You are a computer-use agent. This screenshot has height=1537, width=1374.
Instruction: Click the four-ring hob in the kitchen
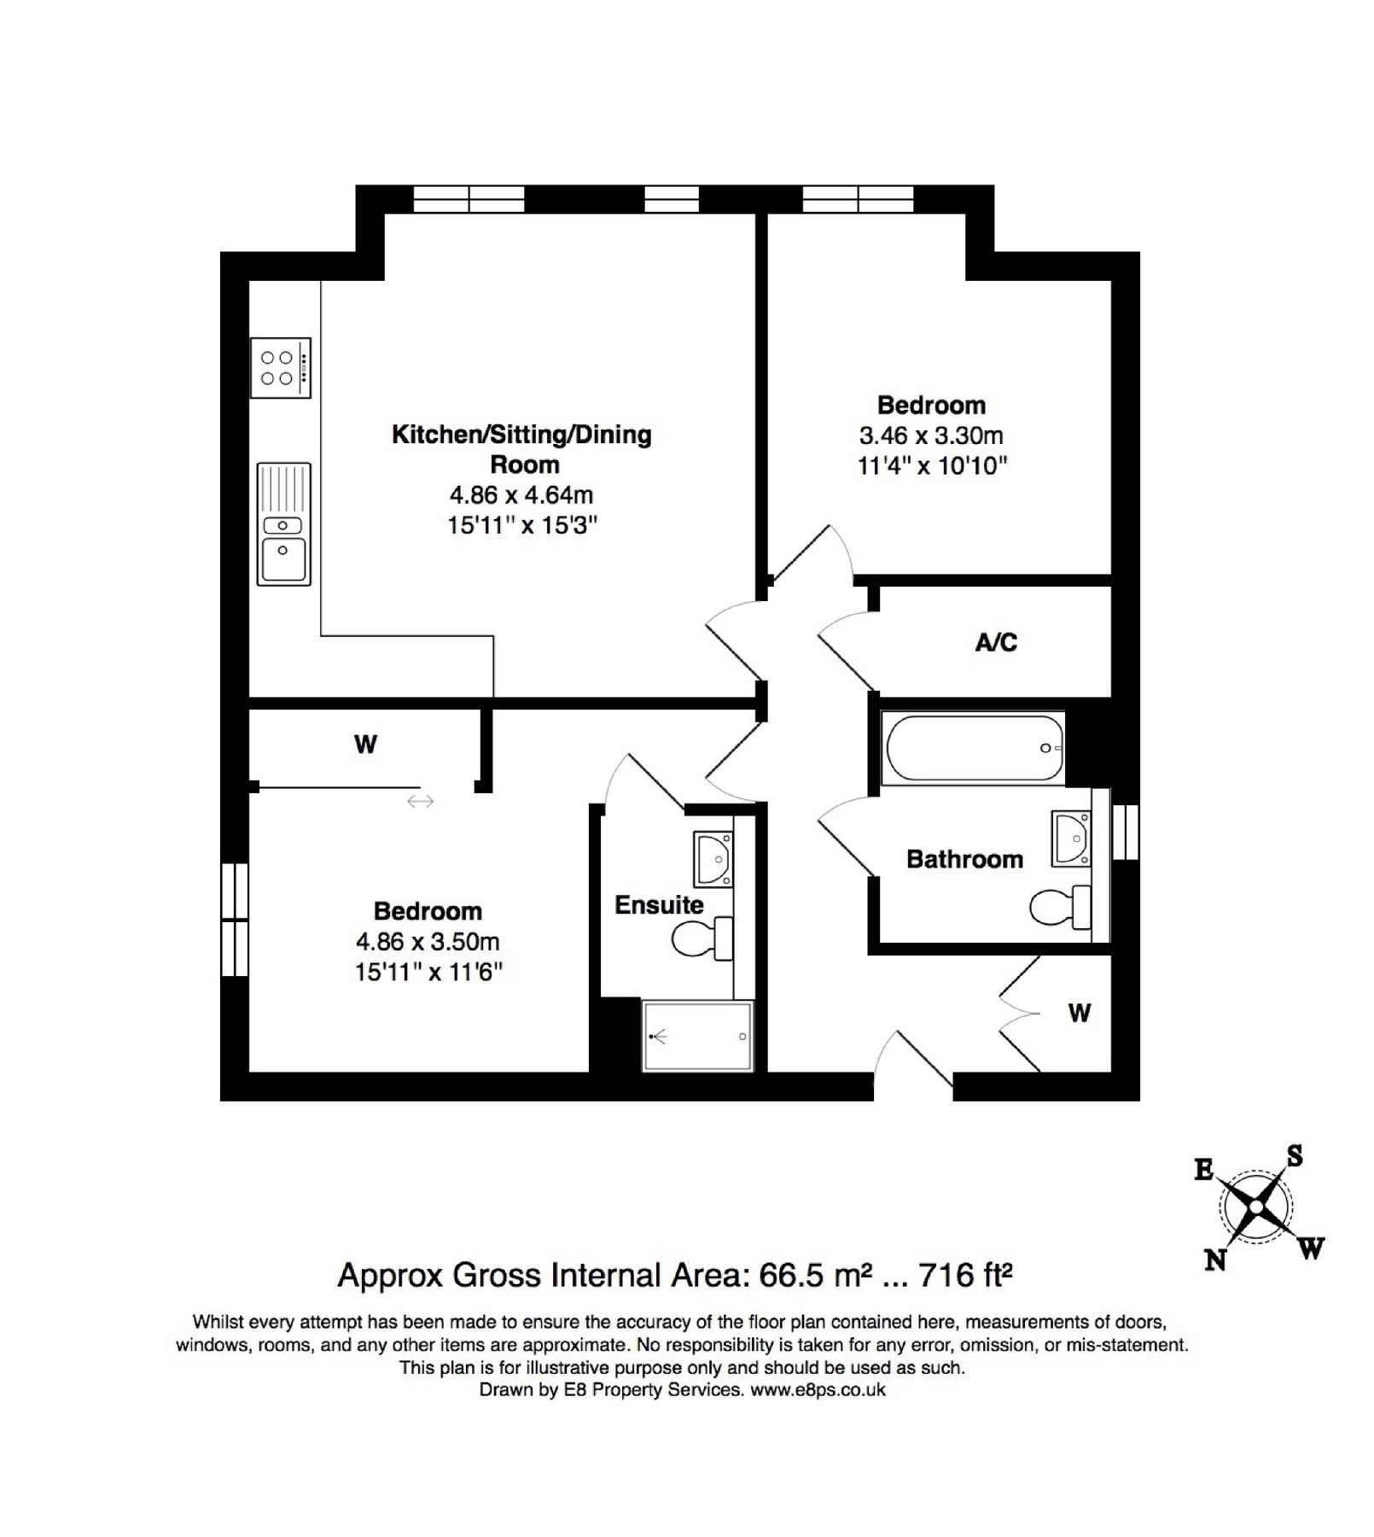point(280,368)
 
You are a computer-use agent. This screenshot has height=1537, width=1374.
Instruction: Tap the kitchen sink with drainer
point(283,524)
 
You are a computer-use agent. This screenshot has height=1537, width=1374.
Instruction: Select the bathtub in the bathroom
point(974,749)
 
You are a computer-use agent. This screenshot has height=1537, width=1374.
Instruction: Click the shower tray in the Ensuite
point(697,1036)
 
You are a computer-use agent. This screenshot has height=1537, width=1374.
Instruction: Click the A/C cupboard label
point(996,642)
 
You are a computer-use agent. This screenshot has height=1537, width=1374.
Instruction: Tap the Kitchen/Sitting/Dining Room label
point(521,449)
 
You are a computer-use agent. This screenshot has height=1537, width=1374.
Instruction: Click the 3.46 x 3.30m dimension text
point(931,436)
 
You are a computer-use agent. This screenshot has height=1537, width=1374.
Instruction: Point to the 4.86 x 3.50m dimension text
point(428,942)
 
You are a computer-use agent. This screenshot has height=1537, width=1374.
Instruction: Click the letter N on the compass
point(1215,1259)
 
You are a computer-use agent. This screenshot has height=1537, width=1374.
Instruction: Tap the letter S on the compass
point(1294,1157)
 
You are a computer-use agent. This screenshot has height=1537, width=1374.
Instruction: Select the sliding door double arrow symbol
point(420,801)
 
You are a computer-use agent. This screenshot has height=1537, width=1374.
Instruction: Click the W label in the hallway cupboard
point(1080,1014)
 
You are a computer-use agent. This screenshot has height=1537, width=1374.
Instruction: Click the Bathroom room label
point(964,859)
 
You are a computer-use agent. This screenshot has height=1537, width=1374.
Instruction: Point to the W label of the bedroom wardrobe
point(365,745)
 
